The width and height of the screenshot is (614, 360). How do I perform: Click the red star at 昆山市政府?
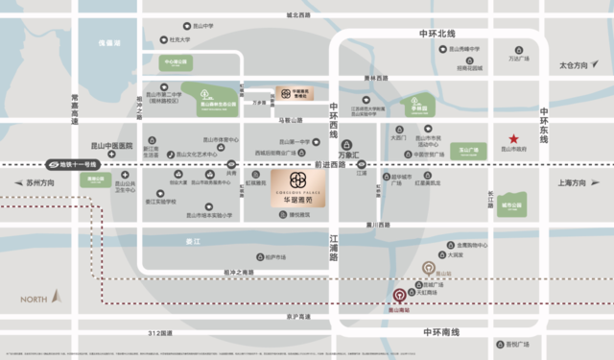515,137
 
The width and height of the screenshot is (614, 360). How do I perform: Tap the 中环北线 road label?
437,35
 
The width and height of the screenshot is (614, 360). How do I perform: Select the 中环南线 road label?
440,331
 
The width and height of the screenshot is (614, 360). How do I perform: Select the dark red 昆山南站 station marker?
399,296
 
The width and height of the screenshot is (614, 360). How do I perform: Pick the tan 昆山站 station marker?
429,266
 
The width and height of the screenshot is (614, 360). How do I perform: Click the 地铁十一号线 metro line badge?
73,164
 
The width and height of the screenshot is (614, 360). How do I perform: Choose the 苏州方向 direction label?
42,182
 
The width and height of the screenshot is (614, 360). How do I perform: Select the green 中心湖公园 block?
177,61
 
